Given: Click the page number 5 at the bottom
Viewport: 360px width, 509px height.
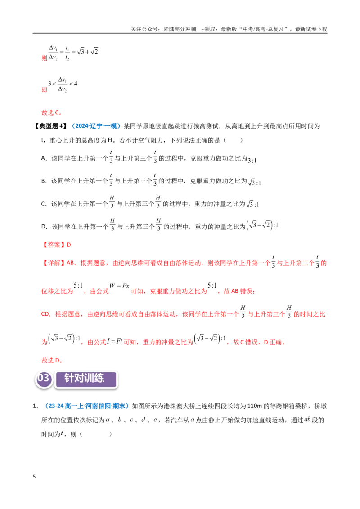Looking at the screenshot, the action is pyautogui.click(x=34, y=477).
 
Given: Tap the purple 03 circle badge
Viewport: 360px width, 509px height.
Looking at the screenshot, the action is pyautogui.click(x=44, y=379).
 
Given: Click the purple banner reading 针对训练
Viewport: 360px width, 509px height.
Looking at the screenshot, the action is pyautogui.click(x=86, y=379).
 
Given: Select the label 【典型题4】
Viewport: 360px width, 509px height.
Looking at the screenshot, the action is pyautogui.click(x=51, y=126).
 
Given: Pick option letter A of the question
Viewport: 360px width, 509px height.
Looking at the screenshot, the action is pyautogui.click(x=44, y=158).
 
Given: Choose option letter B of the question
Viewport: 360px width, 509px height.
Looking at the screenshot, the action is pyautogui.click(x=44, y=181).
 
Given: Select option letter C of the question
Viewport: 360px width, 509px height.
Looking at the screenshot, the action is pyautogui.click(x=44, y=204).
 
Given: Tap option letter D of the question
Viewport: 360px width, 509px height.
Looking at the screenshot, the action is pyautogui.click(x=44, y=227).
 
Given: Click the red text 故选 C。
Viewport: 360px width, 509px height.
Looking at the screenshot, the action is pyautogui.click(x=52, y=113).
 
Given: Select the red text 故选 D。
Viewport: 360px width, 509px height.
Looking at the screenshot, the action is pyautogui.click(x=52, y=360).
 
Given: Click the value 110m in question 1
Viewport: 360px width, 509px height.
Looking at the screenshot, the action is pyautogui.click(x=254, y=406).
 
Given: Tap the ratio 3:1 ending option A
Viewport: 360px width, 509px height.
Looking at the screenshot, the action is pyautogui.click(x=252, y=160).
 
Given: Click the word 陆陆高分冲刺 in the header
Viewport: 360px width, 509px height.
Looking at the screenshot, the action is pyautogui.click(x=180, y=29).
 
